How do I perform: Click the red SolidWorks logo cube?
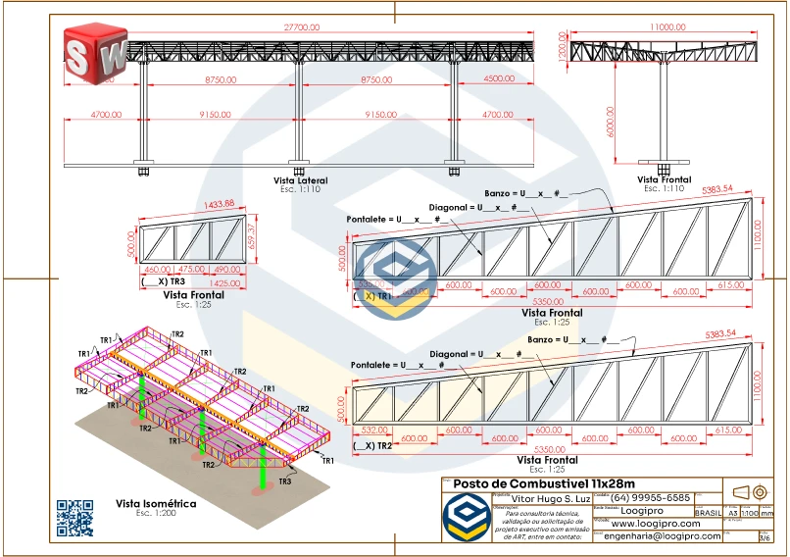(x=96, y=53)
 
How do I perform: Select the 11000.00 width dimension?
(x=667, y=28)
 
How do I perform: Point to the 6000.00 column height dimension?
(x=610, y=121)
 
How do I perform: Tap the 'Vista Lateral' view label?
(x=300, y=180)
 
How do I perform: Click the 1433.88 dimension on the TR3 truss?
(x=193, y=204)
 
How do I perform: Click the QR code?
(x=74, y=518)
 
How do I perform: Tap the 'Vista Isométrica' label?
(x=156, y=503)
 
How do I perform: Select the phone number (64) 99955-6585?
(x=651, y=497)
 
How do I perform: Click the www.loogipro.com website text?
(x=662, y=524)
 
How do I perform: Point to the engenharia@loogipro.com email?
(x=663, y=536)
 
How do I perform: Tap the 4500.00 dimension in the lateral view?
(x=499, y=78)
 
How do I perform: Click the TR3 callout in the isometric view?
(x=285, y=481)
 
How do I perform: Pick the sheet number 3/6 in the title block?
(x=765, y=537)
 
